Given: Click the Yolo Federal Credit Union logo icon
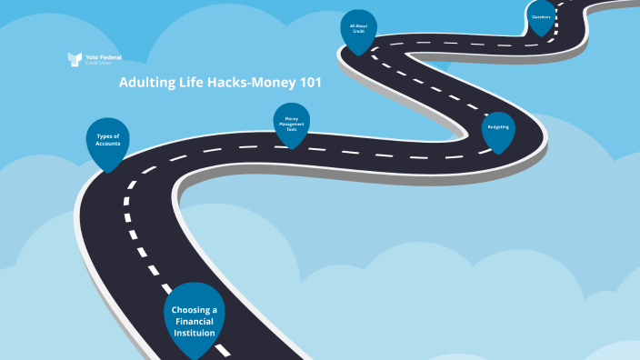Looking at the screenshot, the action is (x=75, y=59).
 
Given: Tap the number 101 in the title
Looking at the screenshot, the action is (x=308, y=83).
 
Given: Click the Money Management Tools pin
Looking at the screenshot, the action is (x=292, y=125).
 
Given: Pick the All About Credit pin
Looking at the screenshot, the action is (x=358, y=30).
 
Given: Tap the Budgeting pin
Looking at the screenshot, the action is (x=498, y=129).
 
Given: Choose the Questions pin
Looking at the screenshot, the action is (x=541, y=17).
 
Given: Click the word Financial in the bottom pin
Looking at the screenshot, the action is (x=195, y=322).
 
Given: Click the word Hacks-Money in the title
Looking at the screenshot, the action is (x=251, y=83).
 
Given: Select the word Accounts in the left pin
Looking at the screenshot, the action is (x=107, y=144).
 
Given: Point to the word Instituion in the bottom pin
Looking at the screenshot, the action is (x=195, y=333).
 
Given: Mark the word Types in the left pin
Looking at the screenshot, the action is (x=107, y=136).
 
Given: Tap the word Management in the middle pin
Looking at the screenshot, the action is (x=292, y=124).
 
